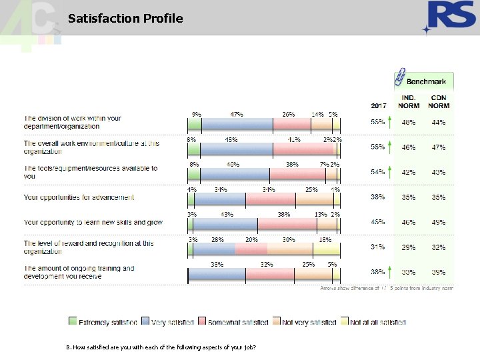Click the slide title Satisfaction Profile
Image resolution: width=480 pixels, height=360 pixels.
[x=125, y=19]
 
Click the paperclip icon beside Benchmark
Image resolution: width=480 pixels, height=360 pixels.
[x=400, y=77]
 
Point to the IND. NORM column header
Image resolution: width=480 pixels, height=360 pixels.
[x=409, y=102]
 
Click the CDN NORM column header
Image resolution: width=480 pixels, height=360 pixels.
[x=439, y=102]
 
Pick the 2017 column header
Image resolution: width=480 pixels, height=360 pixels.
[x=379, y=105]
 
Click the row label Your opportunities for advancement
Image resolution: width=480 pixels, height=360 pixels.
[x=79, y=197]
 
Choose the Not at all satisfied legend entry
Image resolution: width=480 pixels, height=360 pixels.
[x=373, y=323]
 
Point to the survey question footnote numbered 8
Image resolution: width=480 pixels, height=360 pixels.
[x=161, y=347]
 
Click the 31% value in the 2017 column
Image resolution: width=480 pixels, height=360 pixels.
[x=378, y=247]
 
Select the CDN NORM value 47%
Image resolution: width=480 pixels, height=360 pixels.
[x=438, y=147]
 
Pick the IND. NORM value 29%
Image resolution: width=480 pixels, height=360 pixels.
[x=408, y=247]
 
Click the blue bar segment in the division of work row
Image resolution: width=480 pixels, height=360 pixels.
[x=237, y=124]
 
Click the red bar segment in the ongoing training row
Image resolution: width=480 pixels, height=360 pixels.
[x=267, y=274]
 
